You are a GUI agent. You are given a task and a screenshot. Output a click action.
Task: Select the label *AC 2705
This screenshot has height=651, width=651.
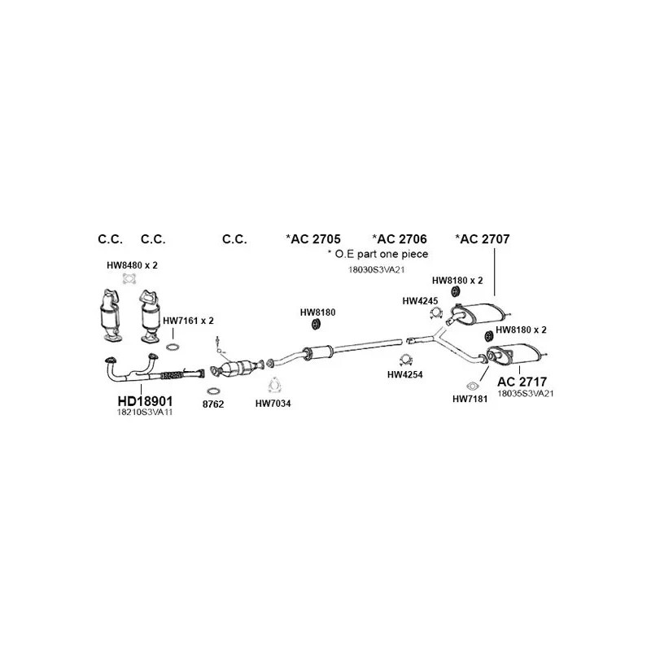[x=313, y=238]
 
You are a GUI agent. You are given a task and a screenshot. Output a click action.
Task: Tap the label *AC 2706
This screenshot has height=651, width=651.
[x=400, y=238]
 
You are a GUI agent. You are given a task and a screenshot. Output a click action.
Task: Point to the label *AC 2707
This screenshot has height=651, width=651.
[x=482, y=238]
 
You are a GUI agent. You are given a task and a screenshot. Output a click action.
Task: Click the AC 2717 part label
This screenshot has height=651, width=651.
[x=522, y=380]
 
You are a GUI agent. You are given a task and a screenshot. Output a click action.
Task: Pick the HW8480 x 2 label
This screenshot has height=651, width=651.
[x=132, y=266]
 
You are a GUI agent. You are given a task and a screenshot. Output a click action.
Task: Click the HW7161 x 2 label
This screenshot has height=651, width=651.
[x=188, y=321]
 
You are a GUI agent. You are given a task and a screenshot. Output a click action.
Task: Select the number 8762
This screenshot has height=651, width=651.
[x=212, y=404]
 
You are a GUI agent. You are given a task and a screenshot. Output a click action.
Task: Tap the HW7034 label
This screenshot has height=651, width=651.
[x=273, y=404]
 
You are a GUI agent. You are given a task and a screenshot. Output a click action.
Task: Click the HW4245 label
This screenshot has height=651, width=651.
[x=420, y=300]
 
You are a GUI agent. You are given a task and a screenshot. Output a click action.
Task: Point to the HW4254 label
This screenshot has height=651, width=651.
[x=404, y=375]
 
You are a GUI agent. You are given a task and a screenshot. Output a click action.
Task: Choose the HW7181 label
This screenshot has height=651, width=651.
[x=469, y=399]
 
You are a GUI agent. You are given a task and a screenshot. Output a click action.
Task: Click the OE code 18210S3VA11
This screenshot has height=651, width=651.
[x=146, y=413]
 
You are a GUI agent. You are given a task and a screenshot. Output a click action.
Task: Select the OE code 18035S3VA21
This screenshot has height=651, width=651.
[x=525, y=393]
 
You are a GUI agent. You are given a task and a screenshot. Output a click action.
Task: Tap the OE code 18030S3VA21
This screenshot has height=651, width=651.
[x=378, y=269]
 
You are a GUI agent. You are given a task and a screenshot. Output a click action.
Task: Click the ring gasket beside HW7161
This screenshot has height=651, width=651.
[x=173, y=348]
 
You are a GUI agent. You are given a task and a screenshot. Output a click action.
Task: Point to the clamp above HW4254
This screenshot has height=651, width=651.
[x=405, y=360]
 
